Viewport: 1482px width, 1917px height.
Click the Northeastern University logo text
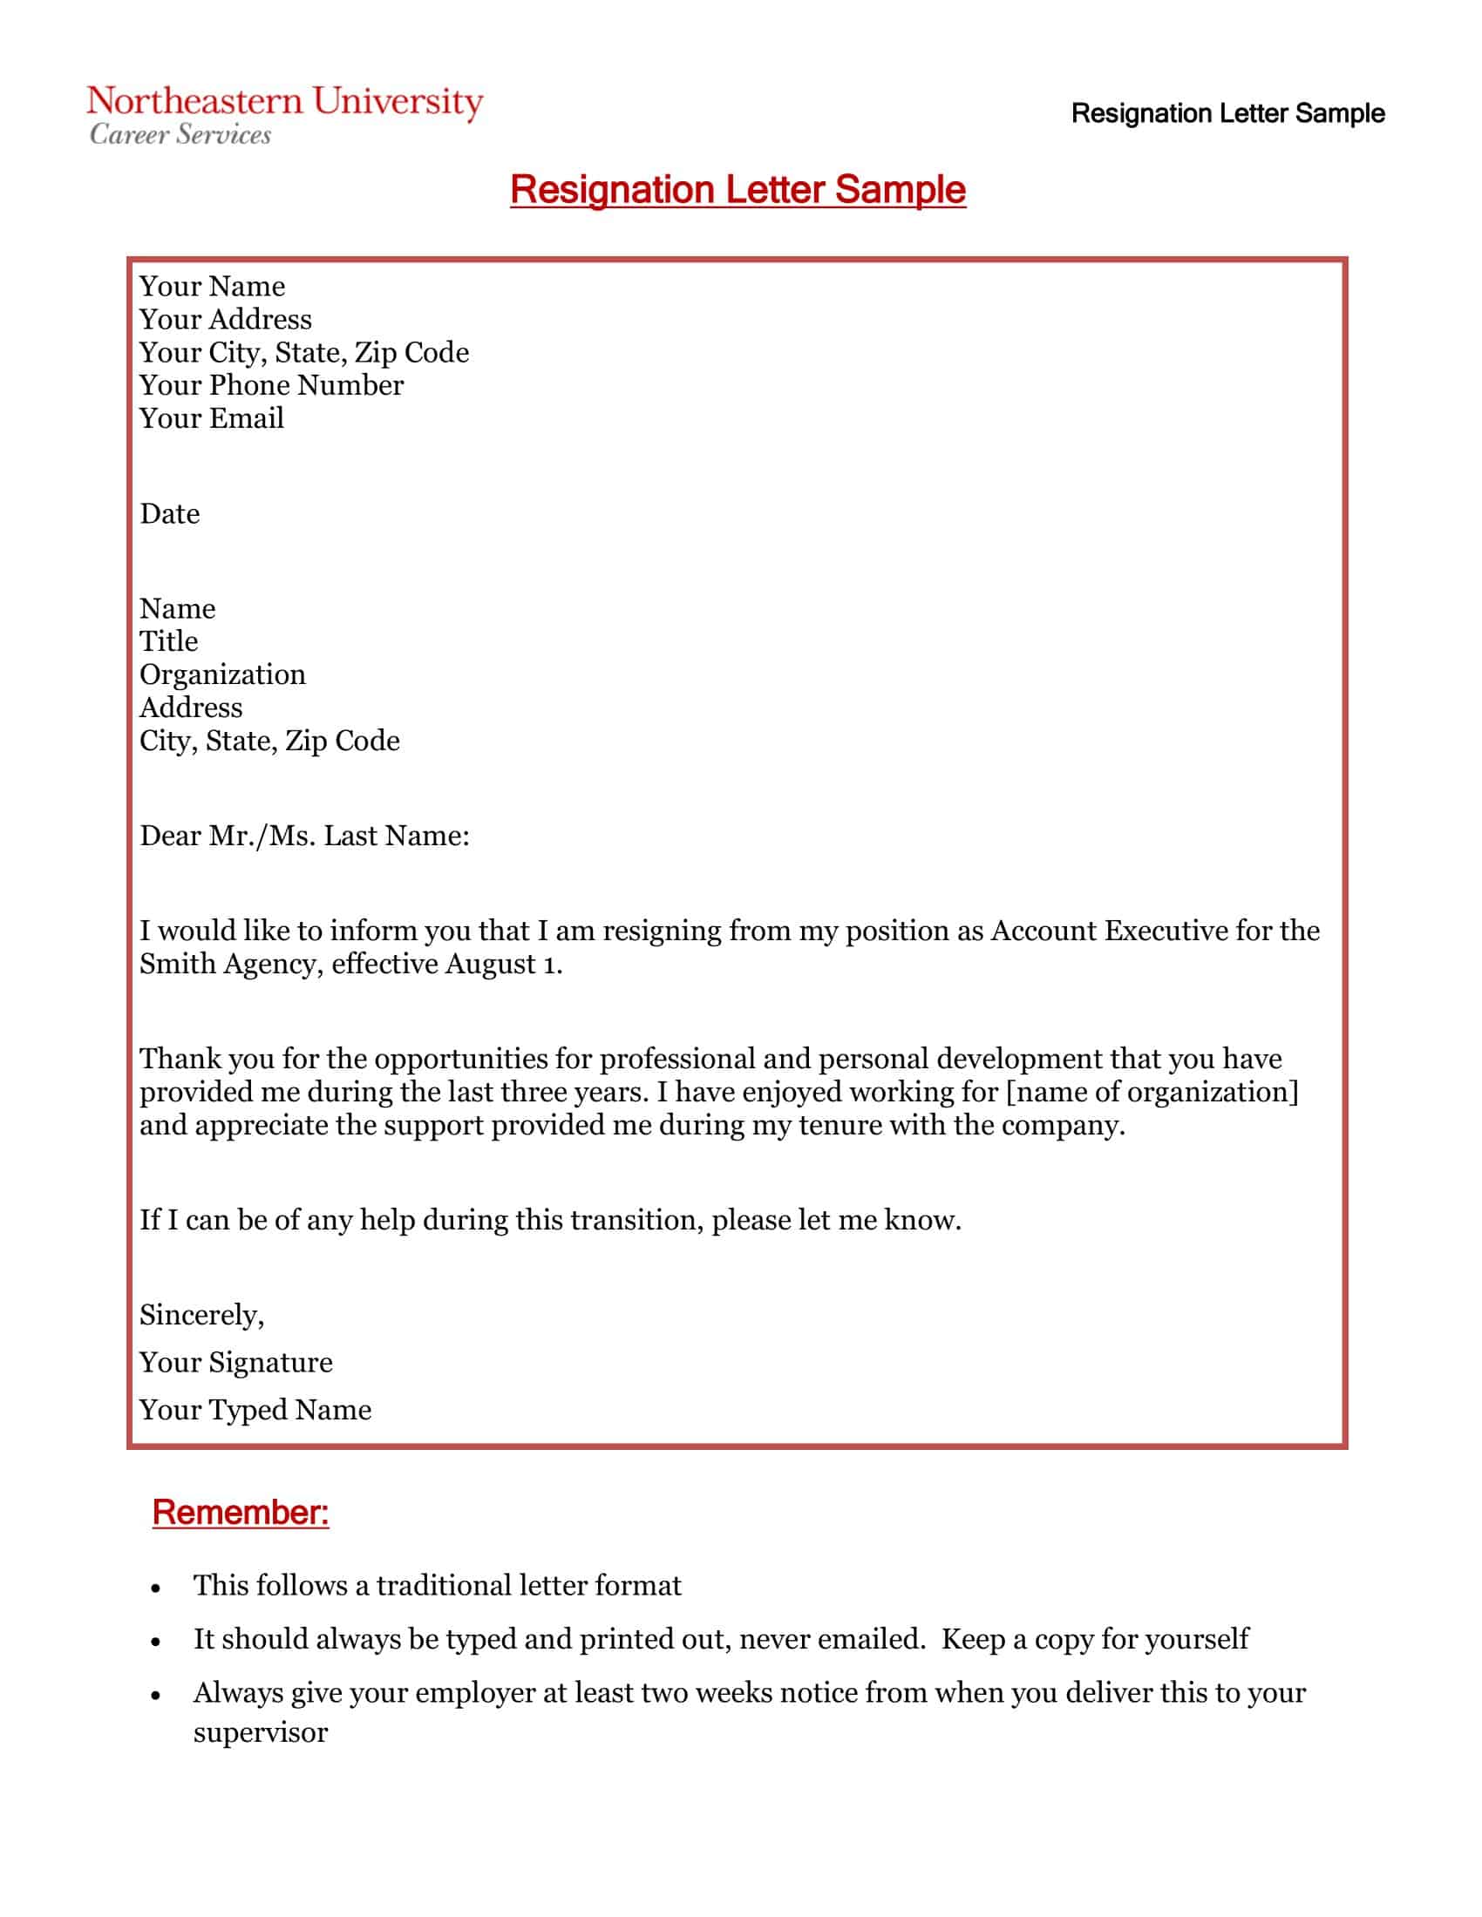(284, 102)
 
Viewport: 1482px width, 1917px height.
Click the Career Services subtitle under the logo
(180, 134)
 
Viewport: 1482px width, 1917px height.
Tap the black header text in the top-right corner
(1227, 113)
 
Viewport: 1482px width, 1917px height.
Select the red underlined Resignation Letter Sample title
(738, 190)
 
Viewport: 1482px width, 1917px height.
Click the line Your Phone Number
(271, 385)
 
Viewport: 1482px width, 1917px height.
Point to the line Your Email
(212, 418)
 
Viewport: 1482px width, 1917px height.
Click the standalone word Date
(169, 513)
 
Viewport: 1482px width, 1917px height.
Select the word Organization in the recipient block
(222, 674)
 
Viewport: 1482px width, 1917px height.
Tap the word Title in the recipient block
(168, 641)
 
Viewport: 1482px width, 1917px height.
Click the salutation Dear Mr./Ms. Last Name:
(304, 836)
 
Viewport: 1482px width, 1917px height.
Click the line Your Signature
(236, 1362)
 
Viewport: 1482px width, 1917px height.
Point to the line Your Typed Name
(255, 1410)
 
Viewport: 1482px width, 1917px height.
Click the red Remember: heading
(241, 1513)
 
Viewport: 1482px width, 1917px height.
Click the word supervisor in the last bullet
(260, 1732)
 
